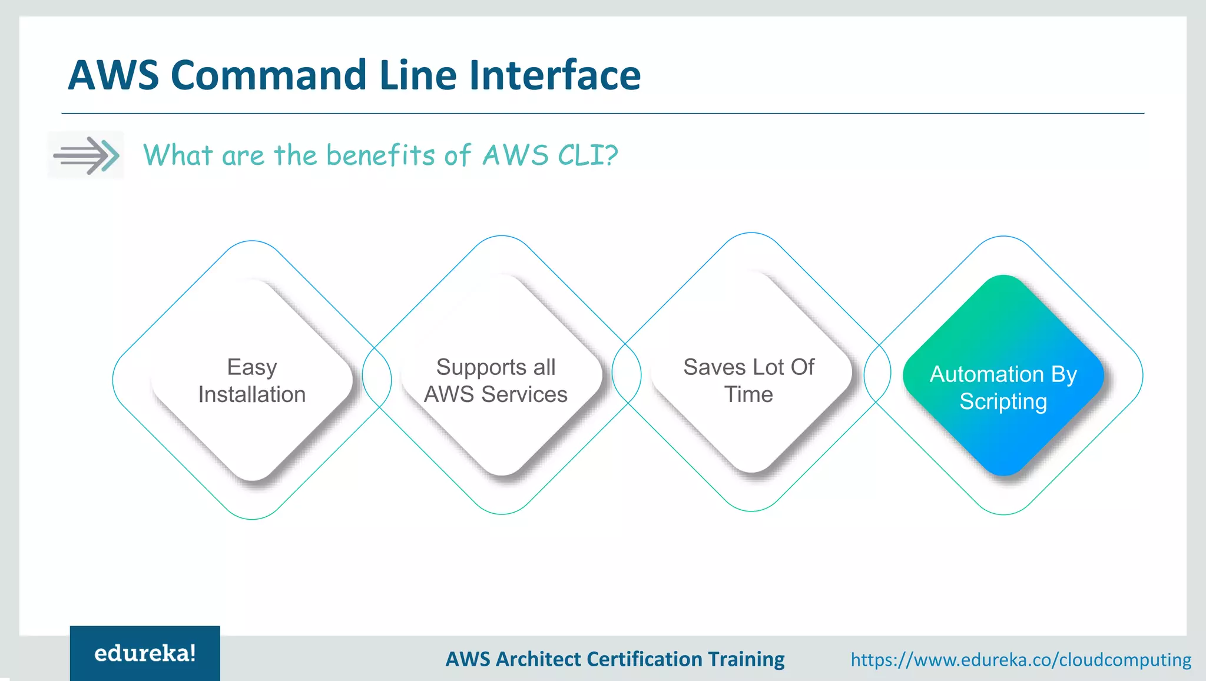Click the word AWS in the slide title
coord(113,75)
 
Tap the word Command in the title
coord(269,75)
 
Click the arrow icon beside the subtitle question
coord(86,155)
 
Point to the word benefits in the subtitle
coord(380,155)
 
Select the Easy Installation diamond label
coord(252,381)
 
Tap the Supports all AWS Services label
coord(496,381)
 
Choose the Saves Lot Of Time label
coord(748,381)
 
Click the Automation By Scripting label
coord(1003,388)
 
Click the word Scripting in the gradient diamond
coord(1003,402)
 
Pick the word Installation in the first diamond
coord(252,394)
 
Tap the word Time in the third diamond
coord(748,394)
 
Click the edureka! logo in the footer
coord(145,653)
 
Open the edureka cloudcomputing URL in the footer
coord(1021,660)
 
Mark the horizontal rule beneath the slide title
coord(603,113)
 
